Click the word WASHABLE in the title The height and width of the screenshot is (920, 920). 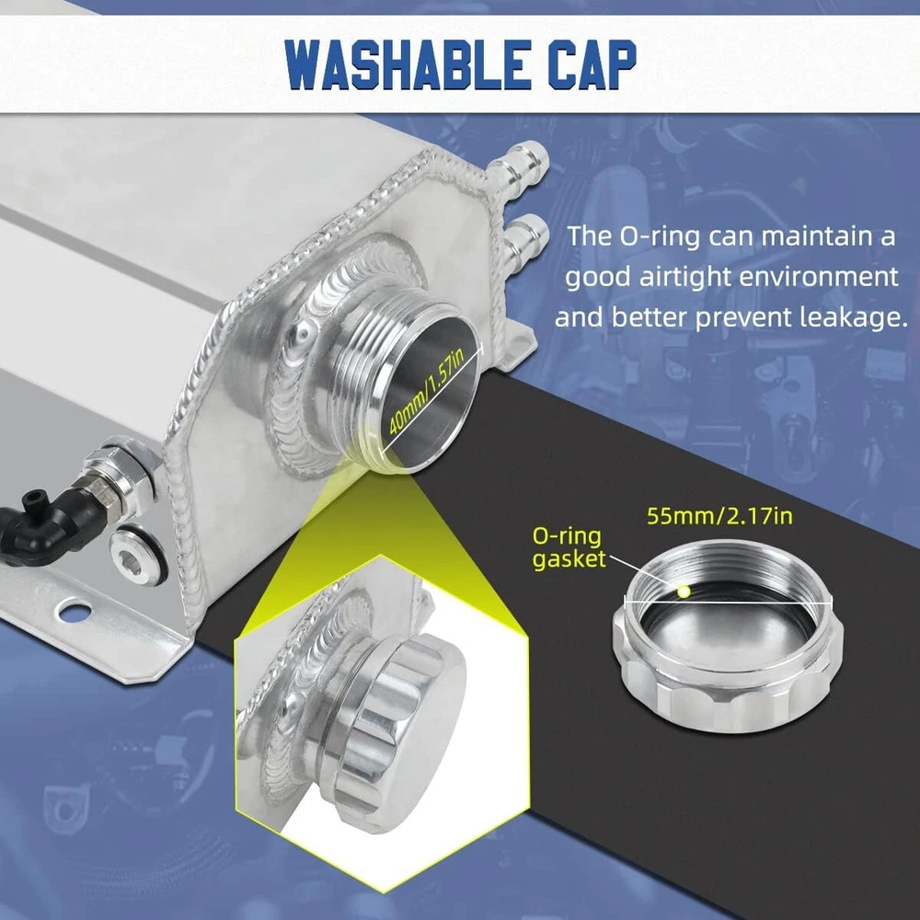404,64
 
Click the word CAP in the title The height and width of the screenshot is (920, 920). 592,64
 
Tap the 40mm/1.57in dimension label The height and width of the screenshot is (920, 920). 426,390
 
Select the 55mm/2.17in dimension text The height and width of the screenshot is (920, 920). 719,516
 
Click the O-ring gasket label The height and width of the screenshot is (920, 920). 568,547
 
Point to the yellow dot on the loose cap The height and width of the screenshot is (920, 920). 683,591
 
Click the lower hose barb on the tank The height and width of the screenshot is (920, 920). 524,236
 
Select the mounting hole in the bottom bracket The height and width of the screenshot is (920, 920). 75,613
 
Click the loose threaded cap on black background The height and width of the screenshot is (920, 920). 728,636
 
